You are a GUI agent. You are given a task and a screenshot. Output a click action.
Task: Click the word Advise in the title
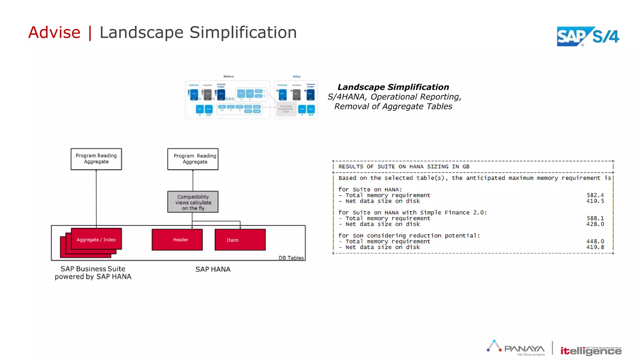pyautogui.click(x=54, y=32)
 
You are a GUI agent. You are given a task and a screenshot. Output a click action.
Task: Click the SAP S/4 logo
pyautogui.click(x=587, y=37)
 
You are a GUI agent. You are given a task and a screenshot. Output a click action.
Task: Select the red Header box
pyautogui.click(x=177, y=240)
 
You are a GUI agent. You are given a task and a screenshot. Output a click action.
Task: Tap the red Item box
pyautogui.click(x=240, y=240)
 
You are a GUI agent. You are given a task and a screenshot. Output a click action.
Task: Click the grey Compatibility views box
pyautogui.click(x=193, y=202)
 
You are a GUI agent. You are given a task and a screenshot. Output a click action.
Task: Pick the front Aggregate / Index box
pyautogui.click(x=96, y=239)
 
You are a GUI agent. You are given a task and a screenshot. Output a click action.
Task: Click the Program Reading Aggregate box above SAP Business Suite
pyautogui.click(x=96, y=159)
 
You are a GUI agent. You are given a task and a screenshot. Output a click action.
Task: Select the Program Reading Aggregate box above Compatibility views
pyautogui.click(x=193, y=159)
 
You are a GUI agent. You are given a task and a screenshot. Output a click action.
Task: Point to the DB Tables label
pyautogui.click(x=291, y=258)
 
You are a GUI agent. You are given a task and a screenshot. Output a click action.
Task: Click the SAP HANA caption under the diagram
pyautogui.click(x=213, y=269)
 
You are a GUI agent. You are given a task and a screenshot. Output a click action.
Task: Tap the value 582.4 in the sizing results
pyautogui.click(x=595, y=195)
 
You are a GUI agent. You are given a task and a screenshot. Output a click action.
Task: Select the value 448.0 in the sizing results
pyautogui.click(x=595, y=241)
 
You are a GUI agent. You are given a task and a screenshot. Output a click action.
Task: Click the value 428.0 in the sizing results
pyautogui.click(x=595, y=224)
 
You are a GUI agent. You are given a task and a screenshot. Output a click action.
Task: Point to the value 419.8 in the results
pyautogui.click(x=595, y=247)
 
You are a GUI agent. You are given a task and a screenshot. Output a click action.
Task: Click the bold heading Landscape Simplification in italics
pyautogui.click(x=393, y=87)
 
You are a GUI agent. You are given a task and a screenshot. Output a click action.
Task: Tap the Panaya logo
pyautogui.click(x=516, y=348)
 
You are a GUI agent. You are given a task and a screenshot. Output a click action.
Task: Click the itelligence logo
pyautogui.click(x=591, y=351)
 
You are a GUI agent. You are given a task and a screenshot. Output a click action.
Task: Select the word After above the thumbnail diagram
pyautogui.click(x=297, y=77)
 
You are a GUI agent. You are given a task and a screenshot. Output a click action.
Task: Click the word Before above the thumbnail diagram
pyautogui.click(x=228, y=77)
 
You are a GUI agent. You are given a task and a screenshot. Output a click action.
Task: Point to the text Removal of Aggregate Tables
pyautogui.click(x=393, y=107)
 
